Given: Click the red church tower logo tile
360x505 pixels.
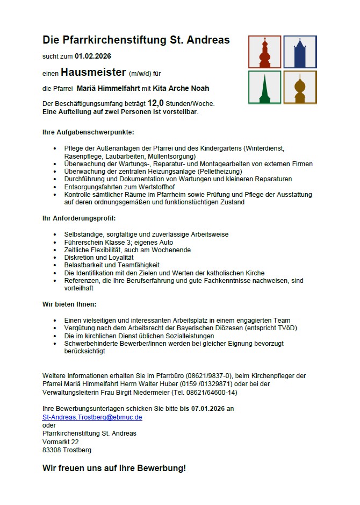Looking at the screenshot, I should click(264, 52).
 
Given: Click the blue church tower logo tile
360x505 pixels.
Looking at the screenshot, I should click(300, 52).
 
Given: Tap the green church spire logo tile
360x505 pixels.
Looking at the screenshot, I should click(264, 87).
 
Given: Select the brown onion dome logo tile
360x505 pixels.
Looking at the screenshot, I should click(300, 87).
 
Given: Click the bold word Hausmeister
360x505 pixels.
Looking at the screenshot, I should click(93, 72).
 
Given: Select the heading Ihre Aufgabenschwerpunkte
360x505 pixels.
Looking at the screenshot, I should click(88, 132).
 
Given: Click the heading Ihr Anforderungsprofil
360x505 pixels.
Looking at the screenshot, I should click(79, 218).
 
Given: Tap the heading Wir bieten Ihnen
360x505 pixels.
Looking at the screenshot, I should click(69, 304).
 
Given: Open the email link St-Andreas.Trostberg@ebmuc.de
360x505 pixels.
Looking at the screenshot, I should click(92, 417).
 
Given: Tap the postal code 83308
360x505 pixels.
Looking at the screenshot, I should click(52, 450).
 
